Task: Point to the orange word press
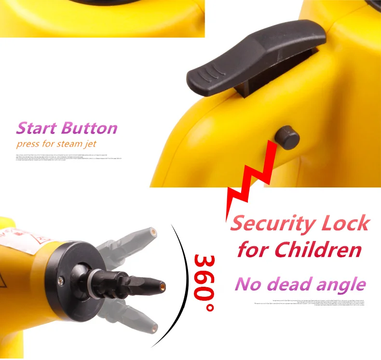(x=27, y=144)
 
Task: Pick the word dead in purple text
(x=299, y=284)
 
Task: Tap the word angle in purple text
(x=343, y=285)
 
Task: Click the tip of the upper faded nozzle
(x=153, y=232)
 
